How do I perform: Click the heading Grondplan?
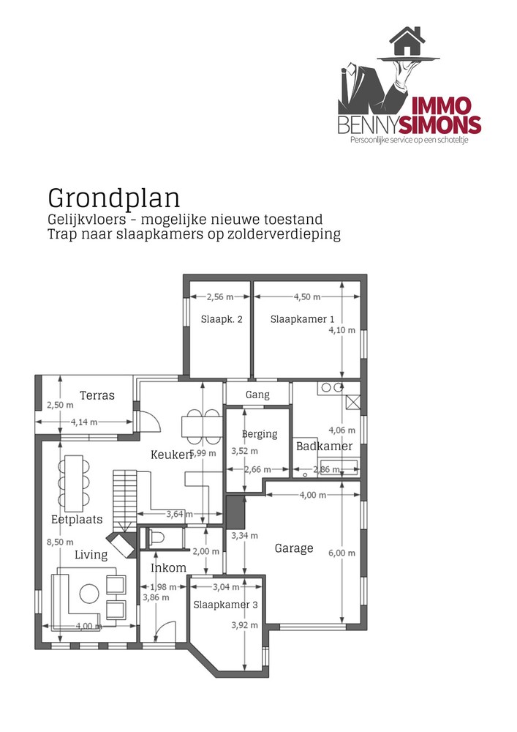tap(113, 198)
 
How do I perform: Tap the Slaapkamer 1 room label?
tap(302, 319)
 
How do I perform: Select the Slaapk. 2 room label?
tap(222, 319)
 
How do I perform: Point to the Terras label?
tap(97, 395)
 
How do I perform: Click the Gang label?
tap(257, 395)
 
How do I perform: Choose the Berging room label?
tap(260, 434)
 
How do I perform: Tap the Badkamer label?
tap(324, 446)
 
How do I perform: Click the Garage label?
tap(294, 548)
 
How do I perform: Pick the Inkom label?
tap(168, 568)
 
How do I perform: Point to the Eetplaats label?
tap(77, 519)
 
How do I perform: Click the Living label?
tap(91, 555)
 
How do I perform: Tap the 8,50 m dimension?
tap(60, 542)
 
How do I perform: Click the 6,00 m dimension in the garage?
tap(347, 553)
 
